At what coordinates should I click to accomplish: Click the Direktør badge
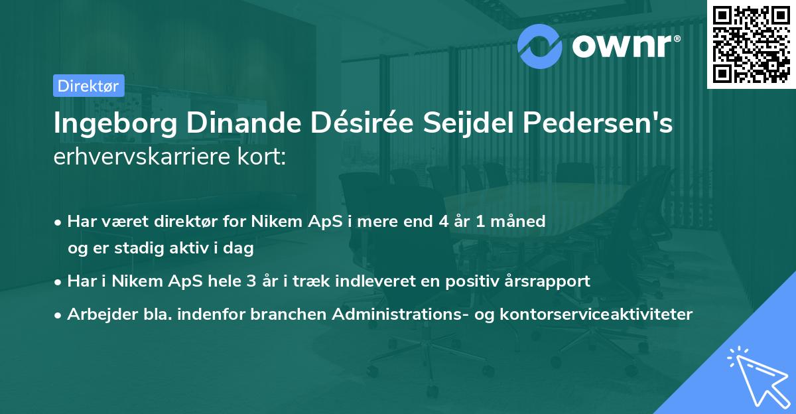click(x=88, y=86)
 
